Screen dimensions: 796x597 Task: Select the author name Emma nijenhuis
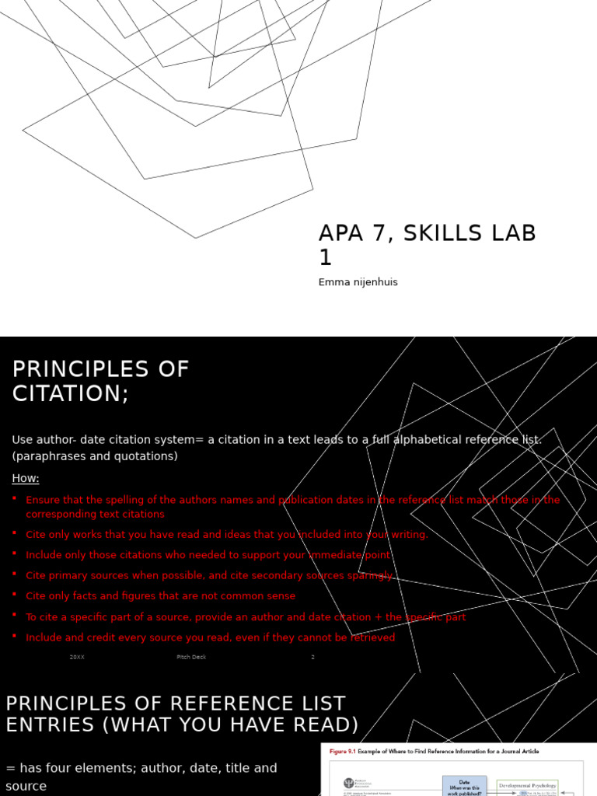tap(358, 282)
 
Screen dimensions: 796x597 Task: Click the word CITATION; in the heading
tap(71, 393)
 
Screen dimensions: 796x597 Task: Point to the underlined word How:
tap(26, 478)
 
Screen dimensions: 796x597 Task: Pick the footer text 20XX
tap(77, 658)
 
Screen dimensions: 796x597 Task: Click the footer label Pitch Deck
tap(191, 658)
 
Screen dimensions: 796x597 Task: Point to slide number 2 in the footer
tap(312, 658)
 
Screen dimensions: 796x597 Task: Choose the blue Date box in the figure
tap(465, 785)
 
